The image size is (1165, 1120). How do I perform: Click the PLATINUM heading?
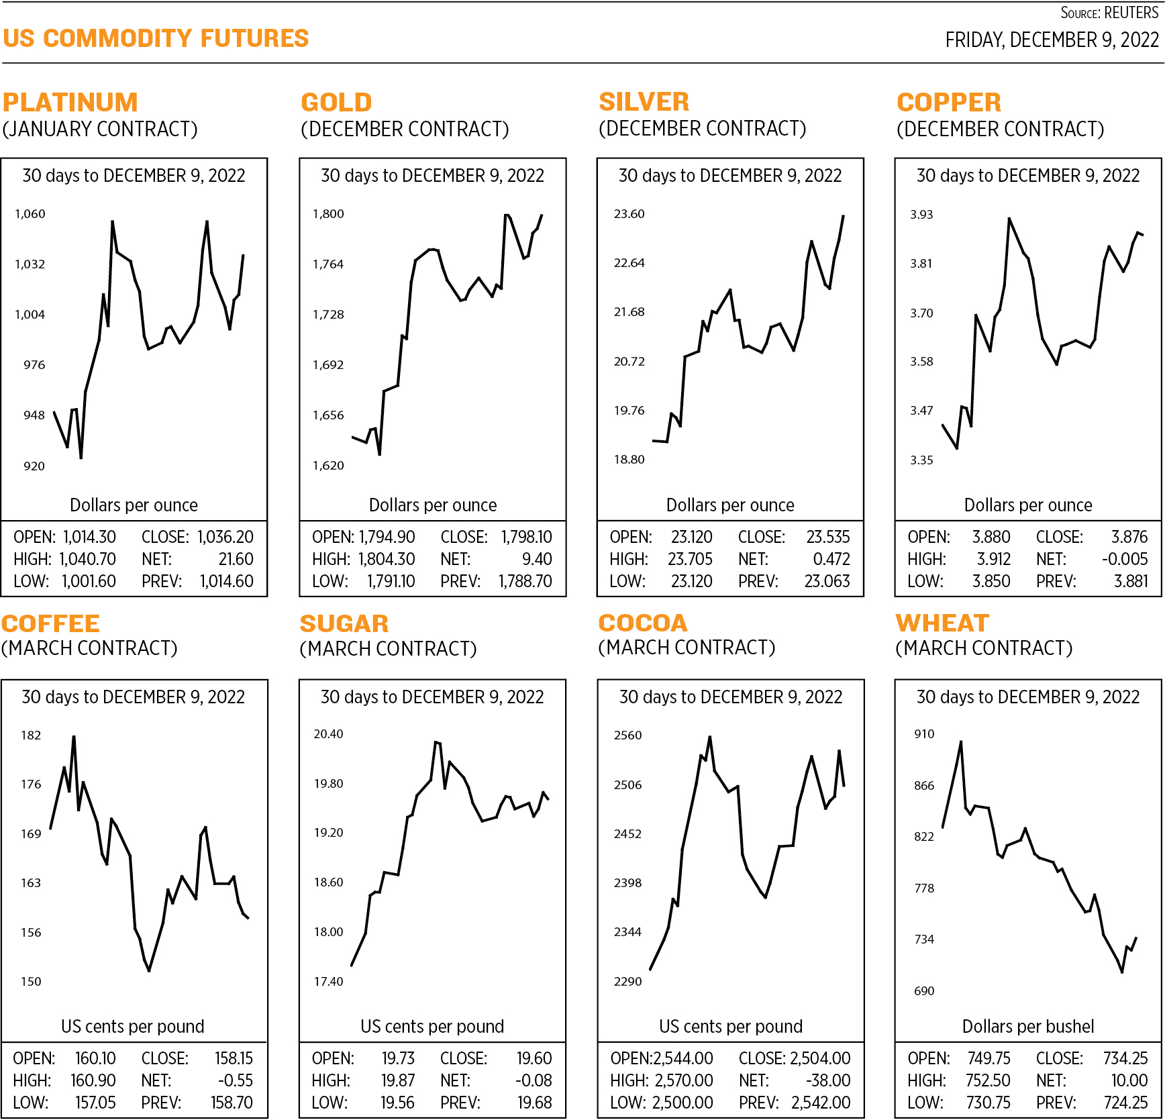[x=70, y=103]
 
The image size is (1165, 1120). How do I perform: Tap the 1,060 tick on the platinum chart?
[x=30, y=214]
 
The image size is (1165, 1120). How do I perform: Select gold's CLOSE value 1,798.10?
[x=526, y=537]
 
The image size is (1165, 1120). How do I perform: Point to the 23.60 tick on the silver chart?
[x=629, y=214]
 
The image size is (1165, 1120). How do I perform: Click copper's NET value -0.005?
[x=1125, y=559]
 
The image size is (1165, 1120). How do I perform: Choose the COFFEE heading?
[x=51, y=623]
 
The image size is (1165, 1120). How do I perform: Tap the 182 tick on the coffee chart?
[x=31, y=735]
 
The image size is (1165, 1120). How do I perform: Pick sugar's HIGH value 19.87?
[x=398, y=1080]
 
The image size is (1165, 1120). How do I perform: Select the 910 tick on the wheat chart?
[x=924, y=734]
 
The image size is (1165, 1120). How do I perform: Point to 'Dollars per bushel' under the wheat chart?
[x=1027, y=1026]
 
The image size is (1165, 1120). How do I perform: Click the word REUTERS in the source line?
[x=1131, y=13]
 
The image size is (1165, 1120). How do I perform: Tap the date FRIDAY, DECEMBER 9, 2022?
[x=1052, y=40]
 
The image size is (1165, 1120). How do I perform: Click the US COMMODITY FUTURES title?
[x=156, y=38]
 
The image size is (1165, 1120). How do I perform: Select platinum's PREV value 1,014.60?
[x=227, y=581]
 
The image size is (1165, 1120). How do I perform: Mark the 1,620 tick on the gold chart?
[x=328, y=466]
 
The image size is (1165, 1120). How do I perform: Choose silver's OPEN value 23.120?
[x=692, y=537]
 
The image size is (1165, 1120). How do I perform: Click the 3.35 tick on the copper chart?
[x=921, y=460]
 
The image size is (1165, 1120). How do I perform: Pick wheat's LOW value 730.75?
[x=989, y=1103]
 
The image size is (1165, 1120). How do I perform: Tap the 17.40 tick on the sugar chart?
[x=328, y=982]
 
